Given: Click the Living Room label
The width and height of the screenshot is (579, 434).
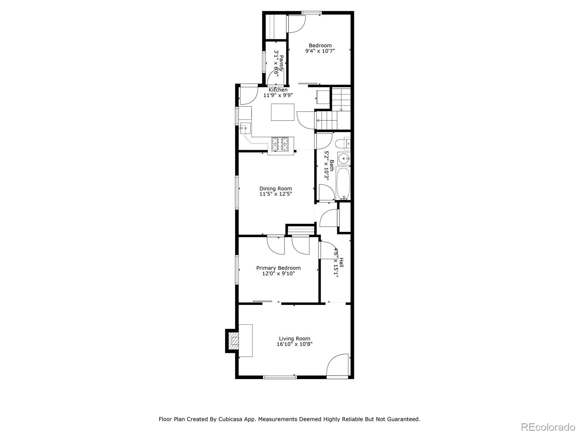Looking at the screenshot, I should (x=294, y=339).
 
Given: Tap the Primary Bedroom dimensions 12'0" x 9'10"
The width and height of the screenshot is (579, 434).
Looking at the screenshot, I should (x=278, y=274).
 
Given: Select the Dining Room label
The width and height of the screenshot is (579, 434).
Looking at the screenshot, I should (x=275, y=188).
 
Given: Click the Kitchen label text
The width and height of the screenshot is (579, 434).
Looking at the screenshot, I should (x=278, y=90).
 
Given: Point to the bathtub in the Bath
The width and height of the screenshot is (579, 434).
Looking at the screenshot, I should (x=343, y=183).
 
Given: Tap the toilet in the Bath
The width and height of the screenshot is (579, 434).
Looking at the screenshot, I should (x=342, y=144).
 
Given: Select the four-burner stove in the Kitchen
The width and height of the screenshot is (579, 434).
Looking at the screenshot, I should (x=280, y=144).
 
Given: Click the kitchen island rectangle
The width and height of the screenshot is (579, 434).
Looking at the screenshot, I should (x=283, y=112).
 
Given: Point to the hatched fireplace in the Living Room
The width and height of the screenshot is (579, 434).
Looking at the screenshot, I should (x=234, y=341).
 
